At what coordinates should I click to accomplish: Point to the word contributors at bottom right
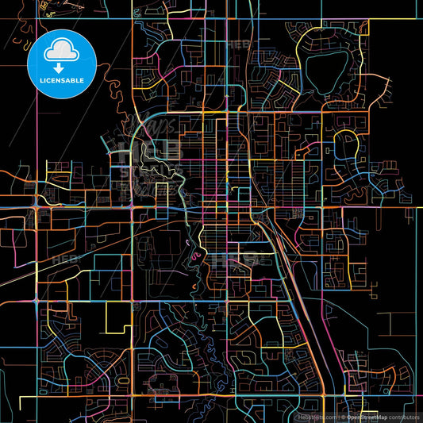[403, 416]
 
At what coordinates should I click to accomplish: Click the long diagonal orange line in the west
[63, 254]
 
